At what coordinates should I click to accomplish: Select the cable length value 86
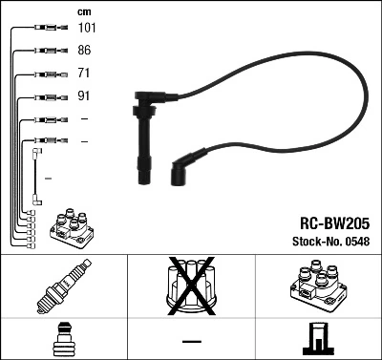(85, 51)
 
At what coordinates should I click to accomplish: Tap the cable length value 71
(85, 74)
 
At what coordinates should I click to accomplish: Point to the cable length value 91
(85, 96)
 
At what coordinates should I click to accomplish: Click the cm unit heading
(84, 11)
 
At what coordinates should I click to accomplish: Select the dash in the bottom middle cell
(191, 340)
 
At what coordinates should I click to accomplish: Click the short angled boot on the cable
(181, 167)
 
